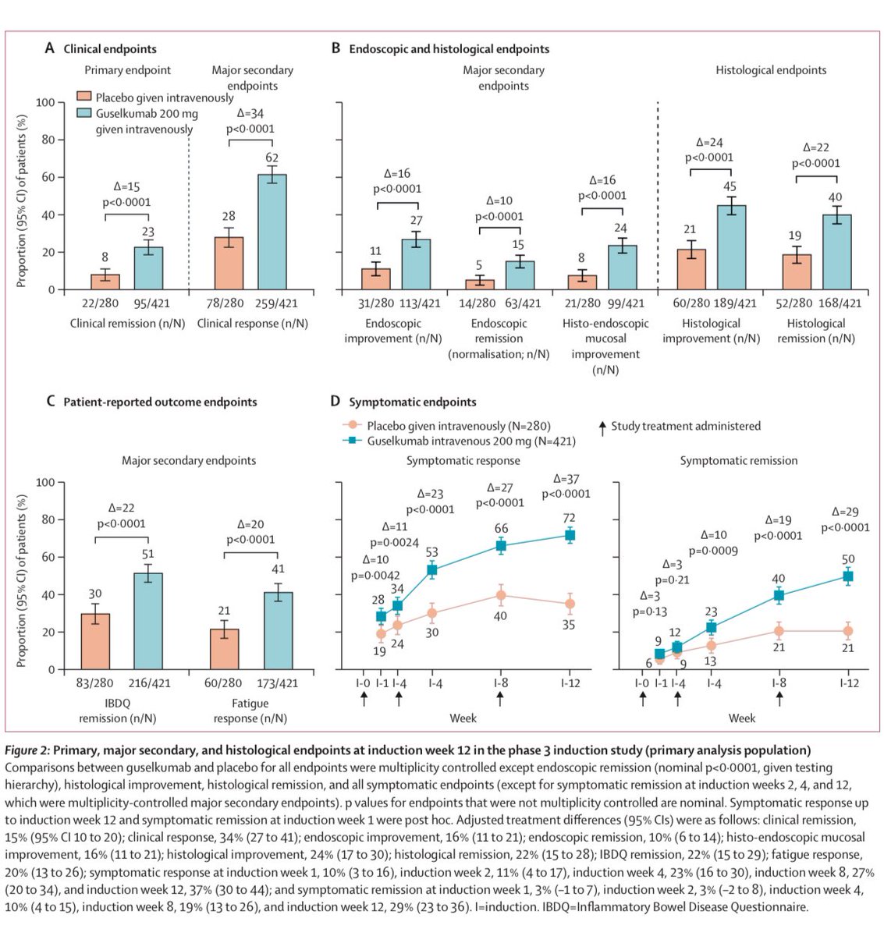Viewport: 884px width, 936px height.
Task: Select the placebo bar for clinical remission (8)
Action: coord(105,282)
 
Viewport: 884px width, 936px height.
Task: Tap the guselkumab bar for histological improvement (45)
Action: coord(731,247)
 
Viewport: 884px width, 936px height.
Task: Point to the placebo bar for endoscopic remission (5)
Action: coord(480,285)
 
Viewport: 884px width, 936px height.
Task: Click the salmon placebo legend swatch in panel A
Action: coord(84,97)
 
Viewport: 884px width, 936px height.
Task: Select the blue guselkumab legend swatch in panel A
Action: coord(84,113)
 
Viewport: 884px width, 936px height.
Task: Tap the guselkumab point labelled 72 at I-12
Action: coord(570,535)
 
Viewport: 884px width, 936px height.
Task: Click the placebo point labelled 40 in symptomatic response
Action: coord(501,595)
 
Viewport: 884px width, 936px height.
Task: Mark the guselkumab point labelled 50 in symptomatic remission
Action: coord(848,576)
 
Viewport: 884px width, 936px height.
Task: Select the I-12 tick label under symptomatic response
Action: coord(570,683)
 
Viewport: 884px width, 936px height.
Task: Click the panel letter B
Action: coord(335,48)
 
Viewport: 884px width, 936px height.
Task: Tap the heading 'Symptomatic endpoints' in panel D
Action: coord(412,402)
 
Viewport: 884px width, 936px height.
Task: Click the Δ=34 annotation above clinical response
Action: coord(250,114)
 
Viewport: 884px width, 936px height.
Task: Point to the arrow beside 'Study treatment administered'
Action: coord(602,427)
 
